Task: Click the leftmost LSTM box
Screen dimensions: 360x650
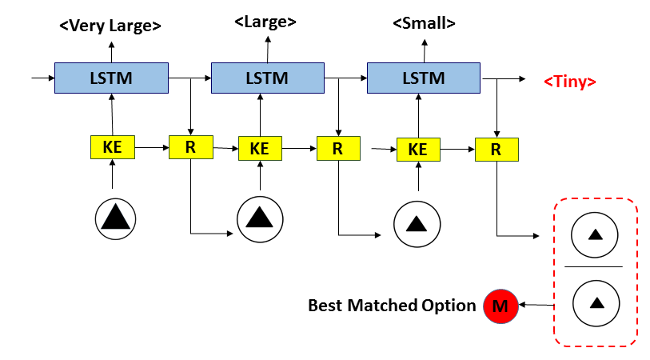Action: (x=111, y=78)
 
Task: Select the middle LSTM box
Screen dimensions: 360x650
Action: (x=267, y=78)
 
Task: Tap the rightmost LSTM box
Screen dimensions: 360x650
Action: (x=423, y=78)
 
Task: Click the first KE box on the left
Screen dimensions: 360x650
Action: (x=113, y=148)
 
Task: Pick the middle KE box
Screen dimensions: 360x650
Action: (x=260, y=149)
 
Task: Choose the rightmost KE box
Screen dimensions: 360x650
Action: (x=418, y=149)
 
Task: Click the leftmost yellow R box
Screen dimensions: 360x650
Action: (x=190, y=147)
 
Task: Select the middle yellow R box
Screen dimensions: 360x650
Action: (x=337, y=148)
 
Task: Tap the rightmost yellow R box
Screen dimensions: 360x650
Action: (x=496, y=149)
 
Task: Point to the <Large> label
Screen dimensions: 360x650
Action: (x=265, y=22)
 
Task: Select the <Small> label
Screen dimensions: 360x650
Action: (x=424, y=23)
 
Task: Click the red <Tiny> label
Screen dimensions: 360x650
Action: (x=569, y=82)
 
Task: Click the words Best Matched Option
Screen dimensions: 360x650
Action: (x=392, y=305)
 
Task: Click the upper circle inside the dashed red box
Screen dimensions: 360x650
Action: (x=595, y=234)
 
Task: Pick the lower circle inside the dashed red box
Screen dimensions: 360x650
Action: (x=595, y=302)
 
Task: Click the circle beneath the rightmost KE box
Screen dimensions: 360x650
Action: (x=417, y=224)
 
